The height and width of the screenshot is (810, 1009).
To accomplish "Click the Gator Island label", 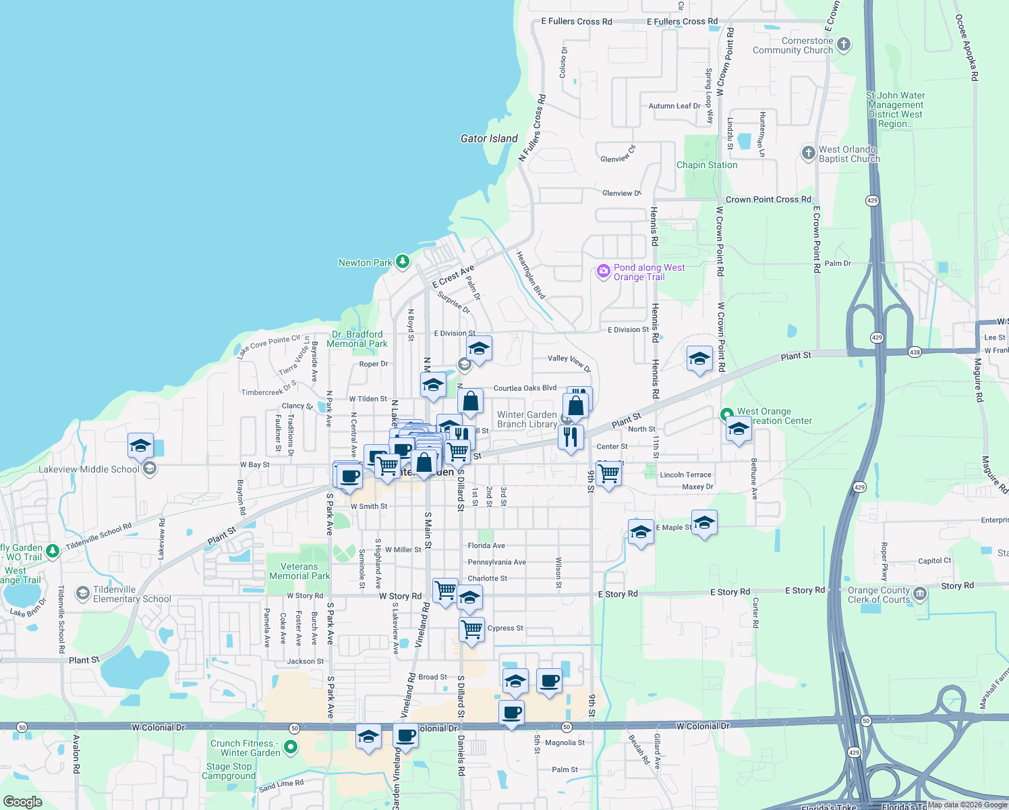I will pos(489,138).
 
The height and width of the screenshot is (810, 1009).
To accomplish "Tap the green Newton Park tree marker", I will pos(403,261).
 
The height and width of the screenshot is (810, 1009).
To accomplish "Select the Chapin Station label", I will pos(707,165).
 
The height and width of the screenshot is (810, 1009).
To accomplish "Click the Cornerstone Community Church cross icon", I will pos(844,45).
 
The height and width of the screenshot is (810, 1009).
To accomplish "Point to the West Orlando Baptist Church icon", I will pos(809,153).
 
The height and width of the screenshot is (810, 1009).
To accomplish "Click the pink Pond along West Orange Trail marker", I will pos(604,271).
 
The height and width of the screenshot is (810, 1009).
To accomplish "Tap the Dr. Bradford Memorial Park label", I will pos(357,339).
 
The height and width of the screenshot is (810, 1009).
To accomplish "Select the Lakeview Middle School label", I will pos(89,469).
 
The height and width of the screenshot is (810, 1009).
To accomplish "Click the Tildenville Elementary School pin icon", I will pos(83,593).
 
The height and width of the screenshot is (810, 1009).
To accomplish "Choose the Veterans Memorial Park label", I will pos(299,571).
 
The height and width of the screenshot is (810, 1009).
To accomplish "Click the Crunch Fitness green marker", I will pos(291,747).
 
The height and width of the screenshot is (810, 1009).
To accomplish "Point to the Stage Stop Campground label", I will pos(229,771).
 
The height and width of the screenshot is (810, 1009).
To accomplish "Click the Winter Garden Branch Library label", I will pos(527,419).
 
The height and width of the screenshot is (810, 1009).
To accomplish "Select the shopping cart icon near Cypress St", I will pos(472,629).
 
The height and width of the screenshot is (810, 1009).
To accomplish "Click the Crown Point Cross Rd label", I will pos(768,199).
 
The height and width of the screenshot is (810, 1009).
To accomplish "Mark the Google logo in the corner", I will pos(22,801).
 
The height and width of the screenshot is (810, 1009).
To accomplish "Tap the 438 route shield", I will pos(915,352).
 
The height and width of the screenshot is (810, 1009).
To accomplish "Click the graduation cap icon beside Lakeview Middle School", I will pos(140,446).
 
